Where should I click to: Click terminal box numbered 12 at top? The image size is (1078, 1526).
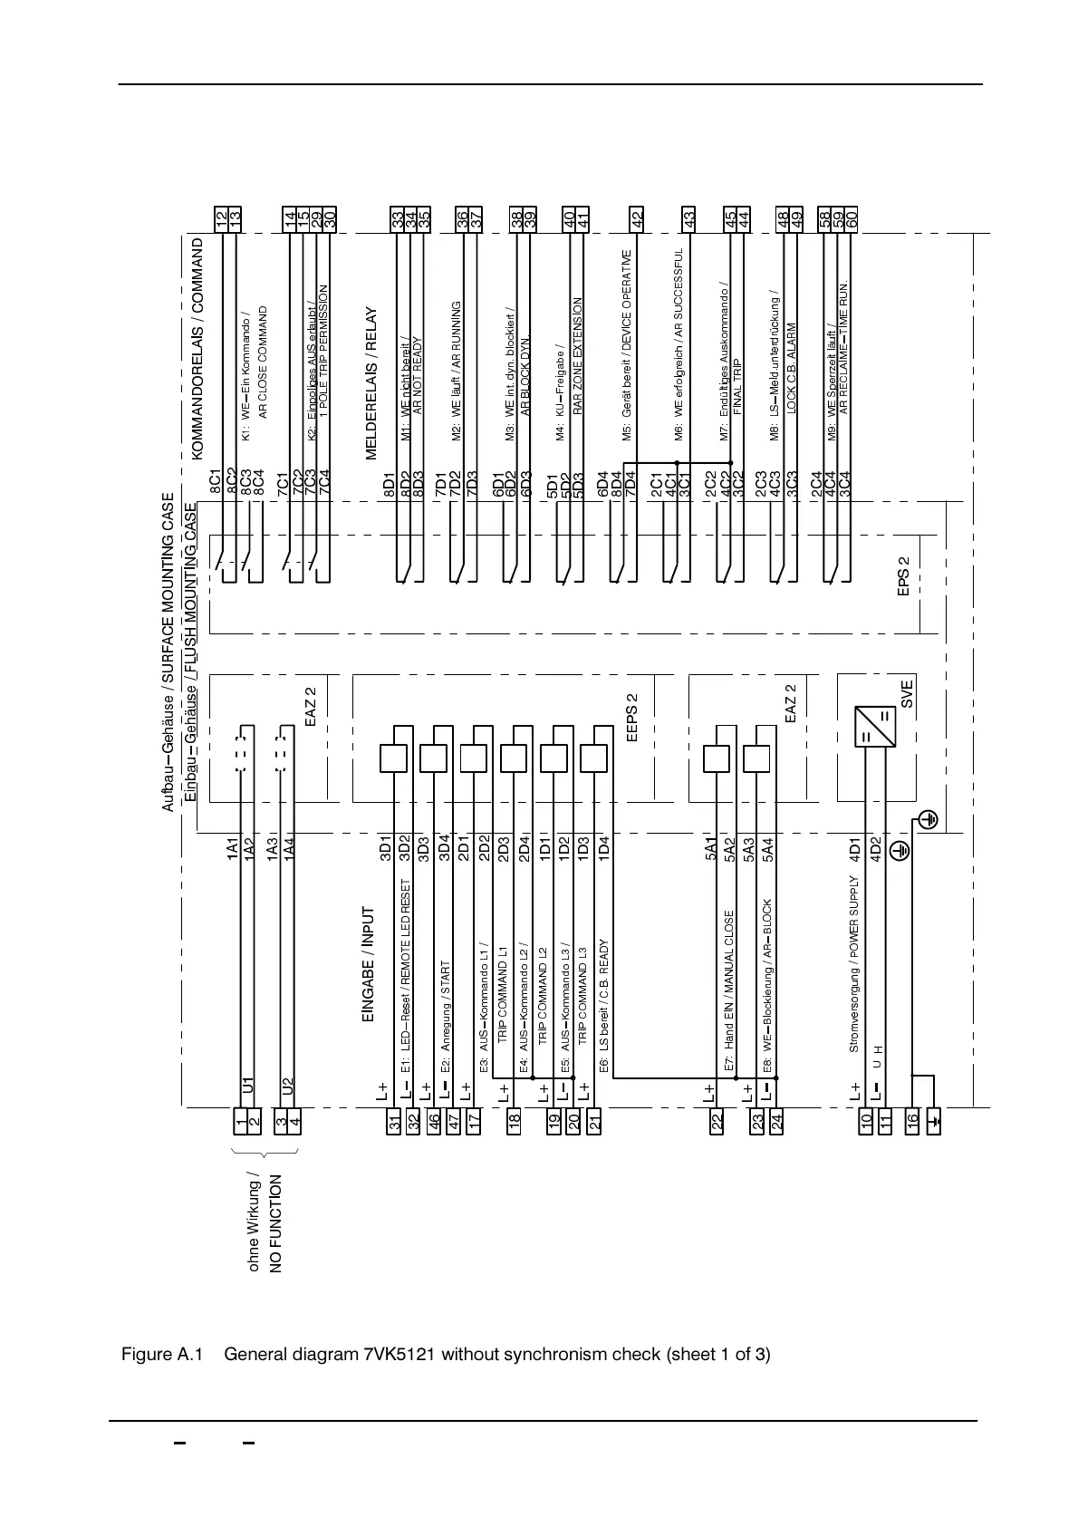coord(222,218)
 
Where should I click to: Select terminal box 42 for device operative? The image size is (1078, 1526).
coord(638,218)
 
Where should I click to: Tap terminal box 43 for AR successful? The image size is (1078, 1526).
coord(689,218)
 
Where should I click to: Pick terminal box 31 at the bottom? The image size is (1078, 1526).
coord(394,1121)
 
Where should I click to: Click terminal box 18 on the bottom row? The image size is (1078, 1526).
coord(515,1121)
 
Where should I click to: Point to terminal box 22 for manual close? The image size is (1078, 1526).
coord(717,1121)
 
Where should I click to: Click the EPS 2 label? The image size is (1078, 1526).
coord(903,577)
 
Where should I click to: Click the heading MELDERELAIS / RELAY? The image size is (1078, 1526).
coord(371,384)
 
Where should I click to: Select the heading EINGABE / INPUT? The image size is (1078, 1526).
coord(368,964)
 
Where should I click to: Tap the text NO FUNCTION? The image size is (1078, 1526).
coord(277,1223)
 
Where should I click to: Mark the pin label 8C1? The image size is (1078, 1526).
coord(216,480)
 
